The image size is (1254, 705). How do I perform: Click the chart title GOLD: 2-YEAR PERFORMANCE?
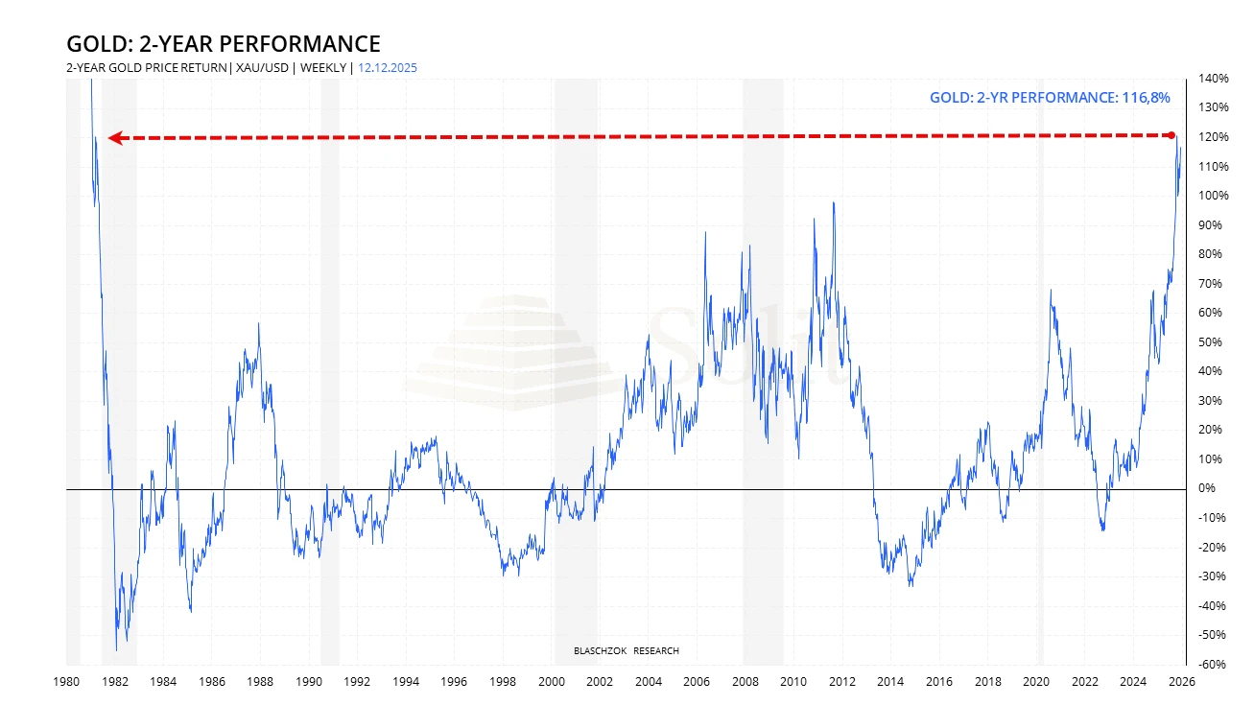pyautogui.click(x=223, y=44)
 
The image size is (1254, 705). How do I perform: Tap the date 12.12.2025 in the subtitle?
pyautogui.click(x=387, y=67)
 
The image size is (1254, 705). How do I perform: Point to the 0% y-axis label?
pyautogui.click(x=1206, y=489)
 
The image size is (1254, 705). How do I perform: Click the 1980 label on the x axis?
pyautogui.click(x=65, y=682)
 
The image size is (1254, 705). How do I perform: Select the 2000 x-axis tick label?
pyautogui.click(x=551, y=682)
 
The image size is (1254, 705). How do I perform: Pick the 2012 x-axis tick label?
pyautogui.click(x=842, y=682)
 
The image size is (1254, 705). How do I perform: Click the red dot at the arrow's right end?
pyautogui.click(x=1172, y=135)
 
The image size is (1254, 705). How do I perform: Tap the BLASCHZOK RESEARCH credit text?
pyautogui.click(x=626, y=651)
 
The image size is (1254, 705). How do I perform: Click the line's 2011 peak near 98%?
pyautogui.click(x=834, y=203)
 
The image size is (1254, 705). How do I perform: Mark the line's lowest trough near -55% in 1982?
pyautogui.click(x=117, y=649)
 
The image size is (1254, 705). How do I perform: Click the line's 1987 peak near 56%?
pyautogui.click(x=258, y=324)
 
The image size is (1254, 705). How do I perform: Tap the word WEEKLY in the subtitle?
pyautogui.click(x=324, y=67)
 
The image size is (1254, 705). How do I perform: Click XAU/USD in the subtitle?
pyautogui.click(x=265, y=67)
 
